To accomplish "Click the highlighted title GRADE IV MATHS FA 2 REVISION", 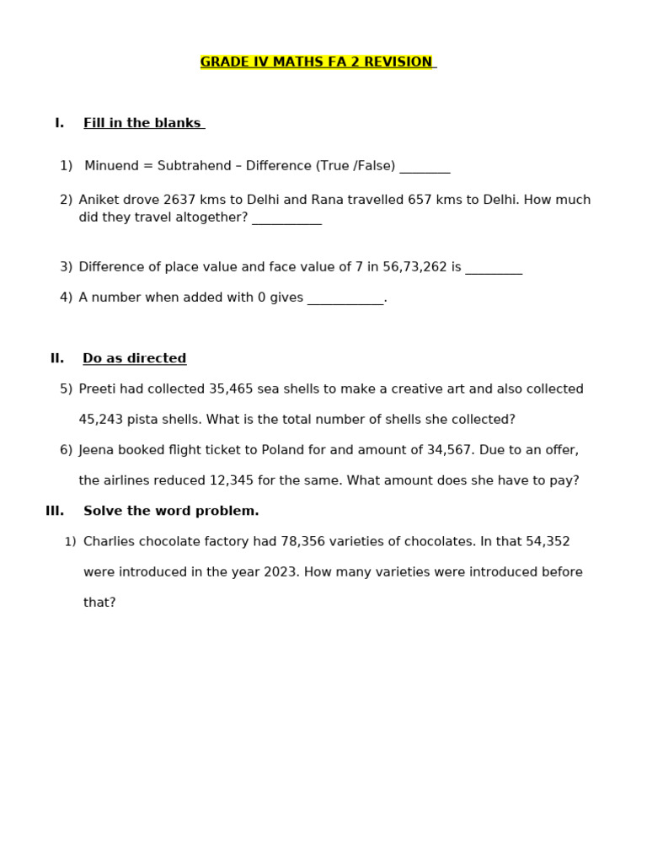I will point(317,62).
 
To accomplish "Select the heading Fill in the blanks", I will point(142,123).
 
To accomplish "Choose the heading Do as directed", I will point(135,358).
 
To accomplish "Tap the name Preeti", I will point(99,389).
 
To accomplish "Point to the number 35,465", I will point(231,389).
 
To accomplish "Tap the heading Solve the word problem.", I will point(171,511).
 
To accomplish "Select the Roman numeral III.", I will point(55,511).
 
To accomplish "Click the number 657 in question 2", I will point(420,200).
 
